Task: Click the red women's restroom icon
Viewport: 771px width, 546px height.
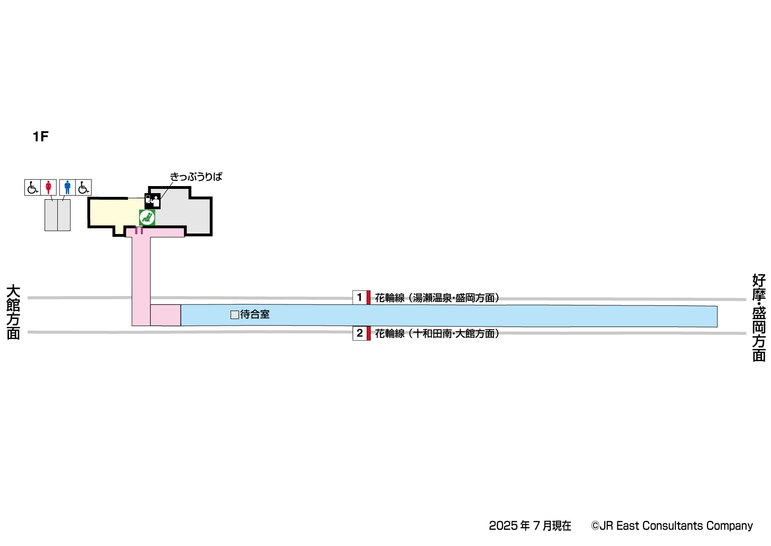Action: [48, 187]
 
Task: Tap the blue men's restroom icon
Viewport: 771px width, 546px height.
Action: [68, 187]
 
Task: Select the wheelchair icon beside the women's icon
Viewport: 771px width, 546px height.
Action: [32, 187]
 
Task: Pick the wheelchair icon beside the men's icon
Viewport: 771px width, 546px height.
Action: [84, 187]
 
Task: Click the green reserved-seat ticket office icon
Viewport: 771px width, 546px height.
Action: [147, 218]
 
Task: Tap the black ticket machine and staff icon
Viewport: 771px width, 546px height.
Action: [153, 201]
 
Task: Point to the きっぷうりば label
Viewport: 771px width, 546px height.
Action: [196, 177]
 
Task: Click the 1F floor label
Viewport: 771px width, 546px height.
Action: [40, 137]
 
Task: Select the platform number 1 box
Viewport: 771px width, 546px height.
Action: [360, 297]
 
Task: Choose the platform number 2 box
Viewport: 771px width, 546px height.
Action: [360, 333]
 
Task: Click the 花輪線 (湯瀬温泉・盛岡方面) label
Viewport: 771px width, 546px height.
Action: [437, 298]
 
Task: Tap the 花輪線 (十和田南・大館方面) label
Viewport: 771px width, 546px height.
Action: [437, 334]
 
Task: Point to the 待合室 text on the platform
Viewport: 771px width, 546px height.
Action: [255, 314]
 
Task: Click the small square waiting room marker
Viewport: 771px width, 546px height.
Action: [235, 315]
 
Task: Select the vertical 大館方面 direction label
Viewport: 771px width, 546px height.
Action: [13, 312]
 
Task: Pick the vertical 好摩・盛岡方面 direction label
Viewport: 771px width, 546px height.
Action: [759, 318]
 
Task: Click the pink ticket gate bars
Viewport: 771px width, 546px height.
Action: [139, 230]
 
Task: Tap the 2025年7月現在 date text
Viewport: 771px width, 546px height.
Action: [530, 526]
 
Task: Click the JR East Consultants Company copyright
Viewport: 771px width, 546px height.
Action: [672, 526]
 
